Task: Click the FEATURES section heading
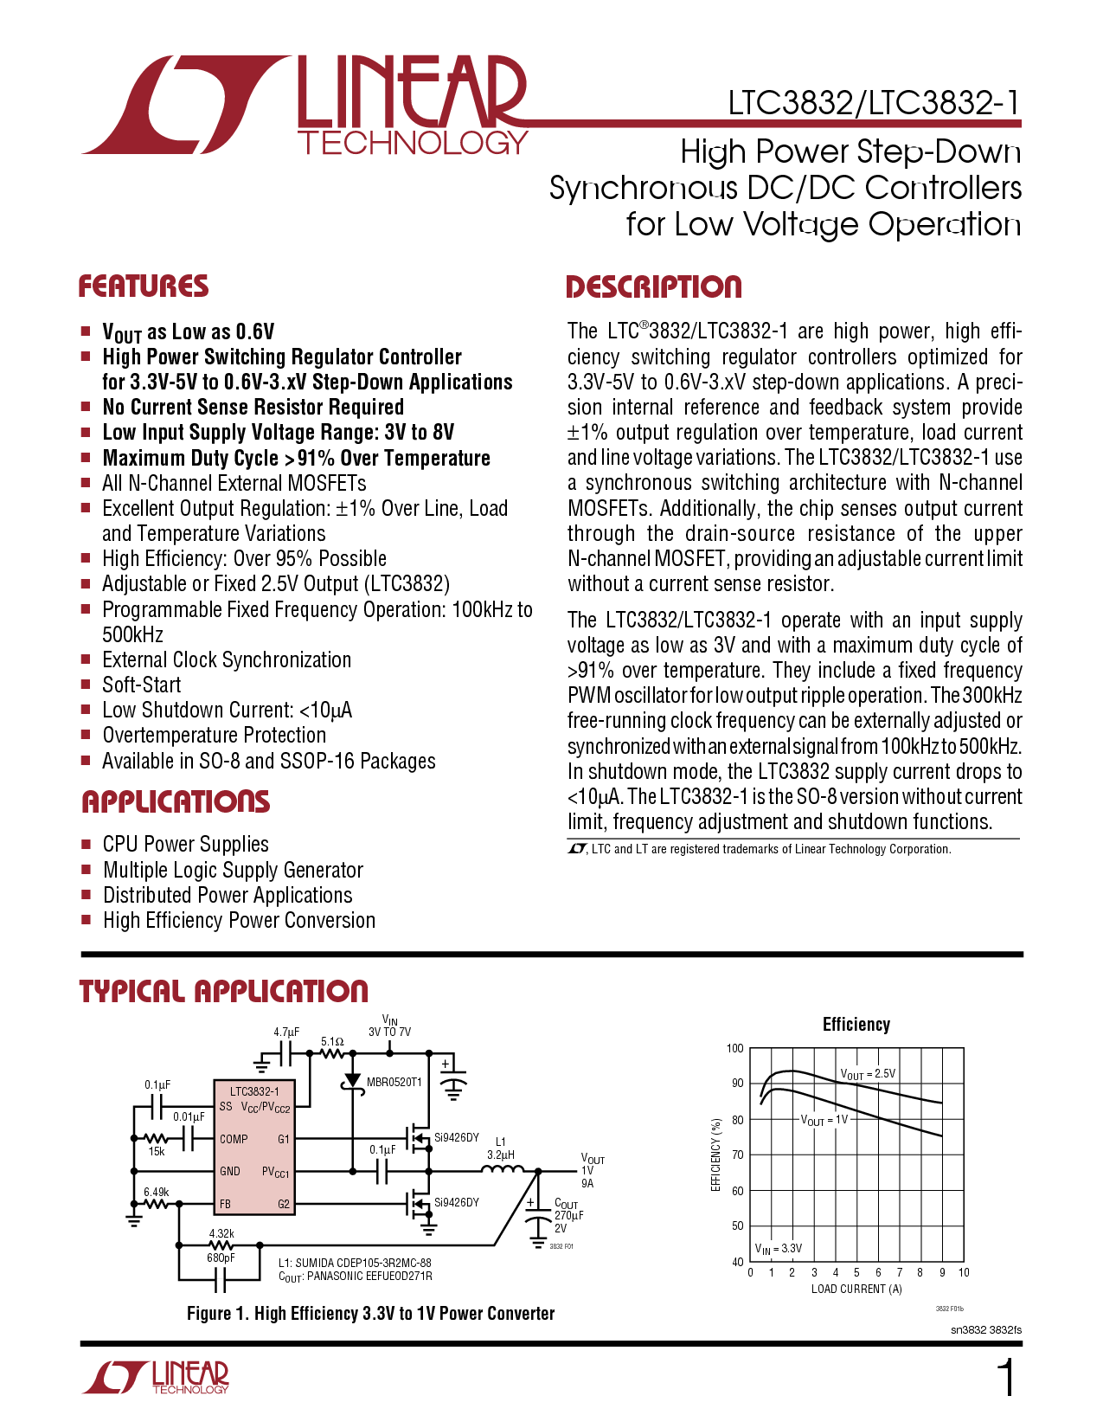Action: click(x=143, y=286)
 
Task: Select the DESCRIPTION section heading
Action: click(x=653, y=286)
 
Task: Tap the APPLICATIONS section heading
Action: click(x=176, y=801)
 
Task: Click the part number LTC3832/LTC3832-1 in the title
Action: click(x=874, y=103)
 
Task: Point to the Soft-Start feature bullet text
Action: click(x=141, y=685)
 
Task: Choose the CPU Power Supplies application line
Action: click(x=185, y=844)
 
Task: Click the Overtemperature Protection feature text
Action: click(x=214, y=735)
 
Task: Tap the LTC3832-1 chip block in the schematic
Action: click(x=254, y=1147)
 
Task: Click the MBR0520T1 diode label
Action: click(x=394, y=1082)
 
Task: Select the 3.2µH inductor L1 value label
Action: click(x=500, y=1155)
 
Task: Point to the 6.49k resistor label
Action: click(x=156, y=1192)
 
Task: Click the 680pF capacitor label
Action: click(x=221, y=1258)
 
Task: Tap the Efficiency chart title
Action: click(x=856, y=1025)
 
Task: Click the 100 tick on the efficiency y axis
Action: click(x=734, y=1048)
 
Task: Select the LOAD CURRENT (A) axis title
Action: click(x=856, y=1289)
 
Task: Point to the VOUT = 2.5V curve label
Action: click(x=867, y=1074)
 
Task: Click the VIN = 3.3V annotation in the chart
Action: click(x=778, y=1248)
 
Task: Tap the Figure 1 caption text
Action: click(x=370, y=1313)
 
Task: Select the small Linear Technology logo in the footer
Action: click(x=156, y=1377)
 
